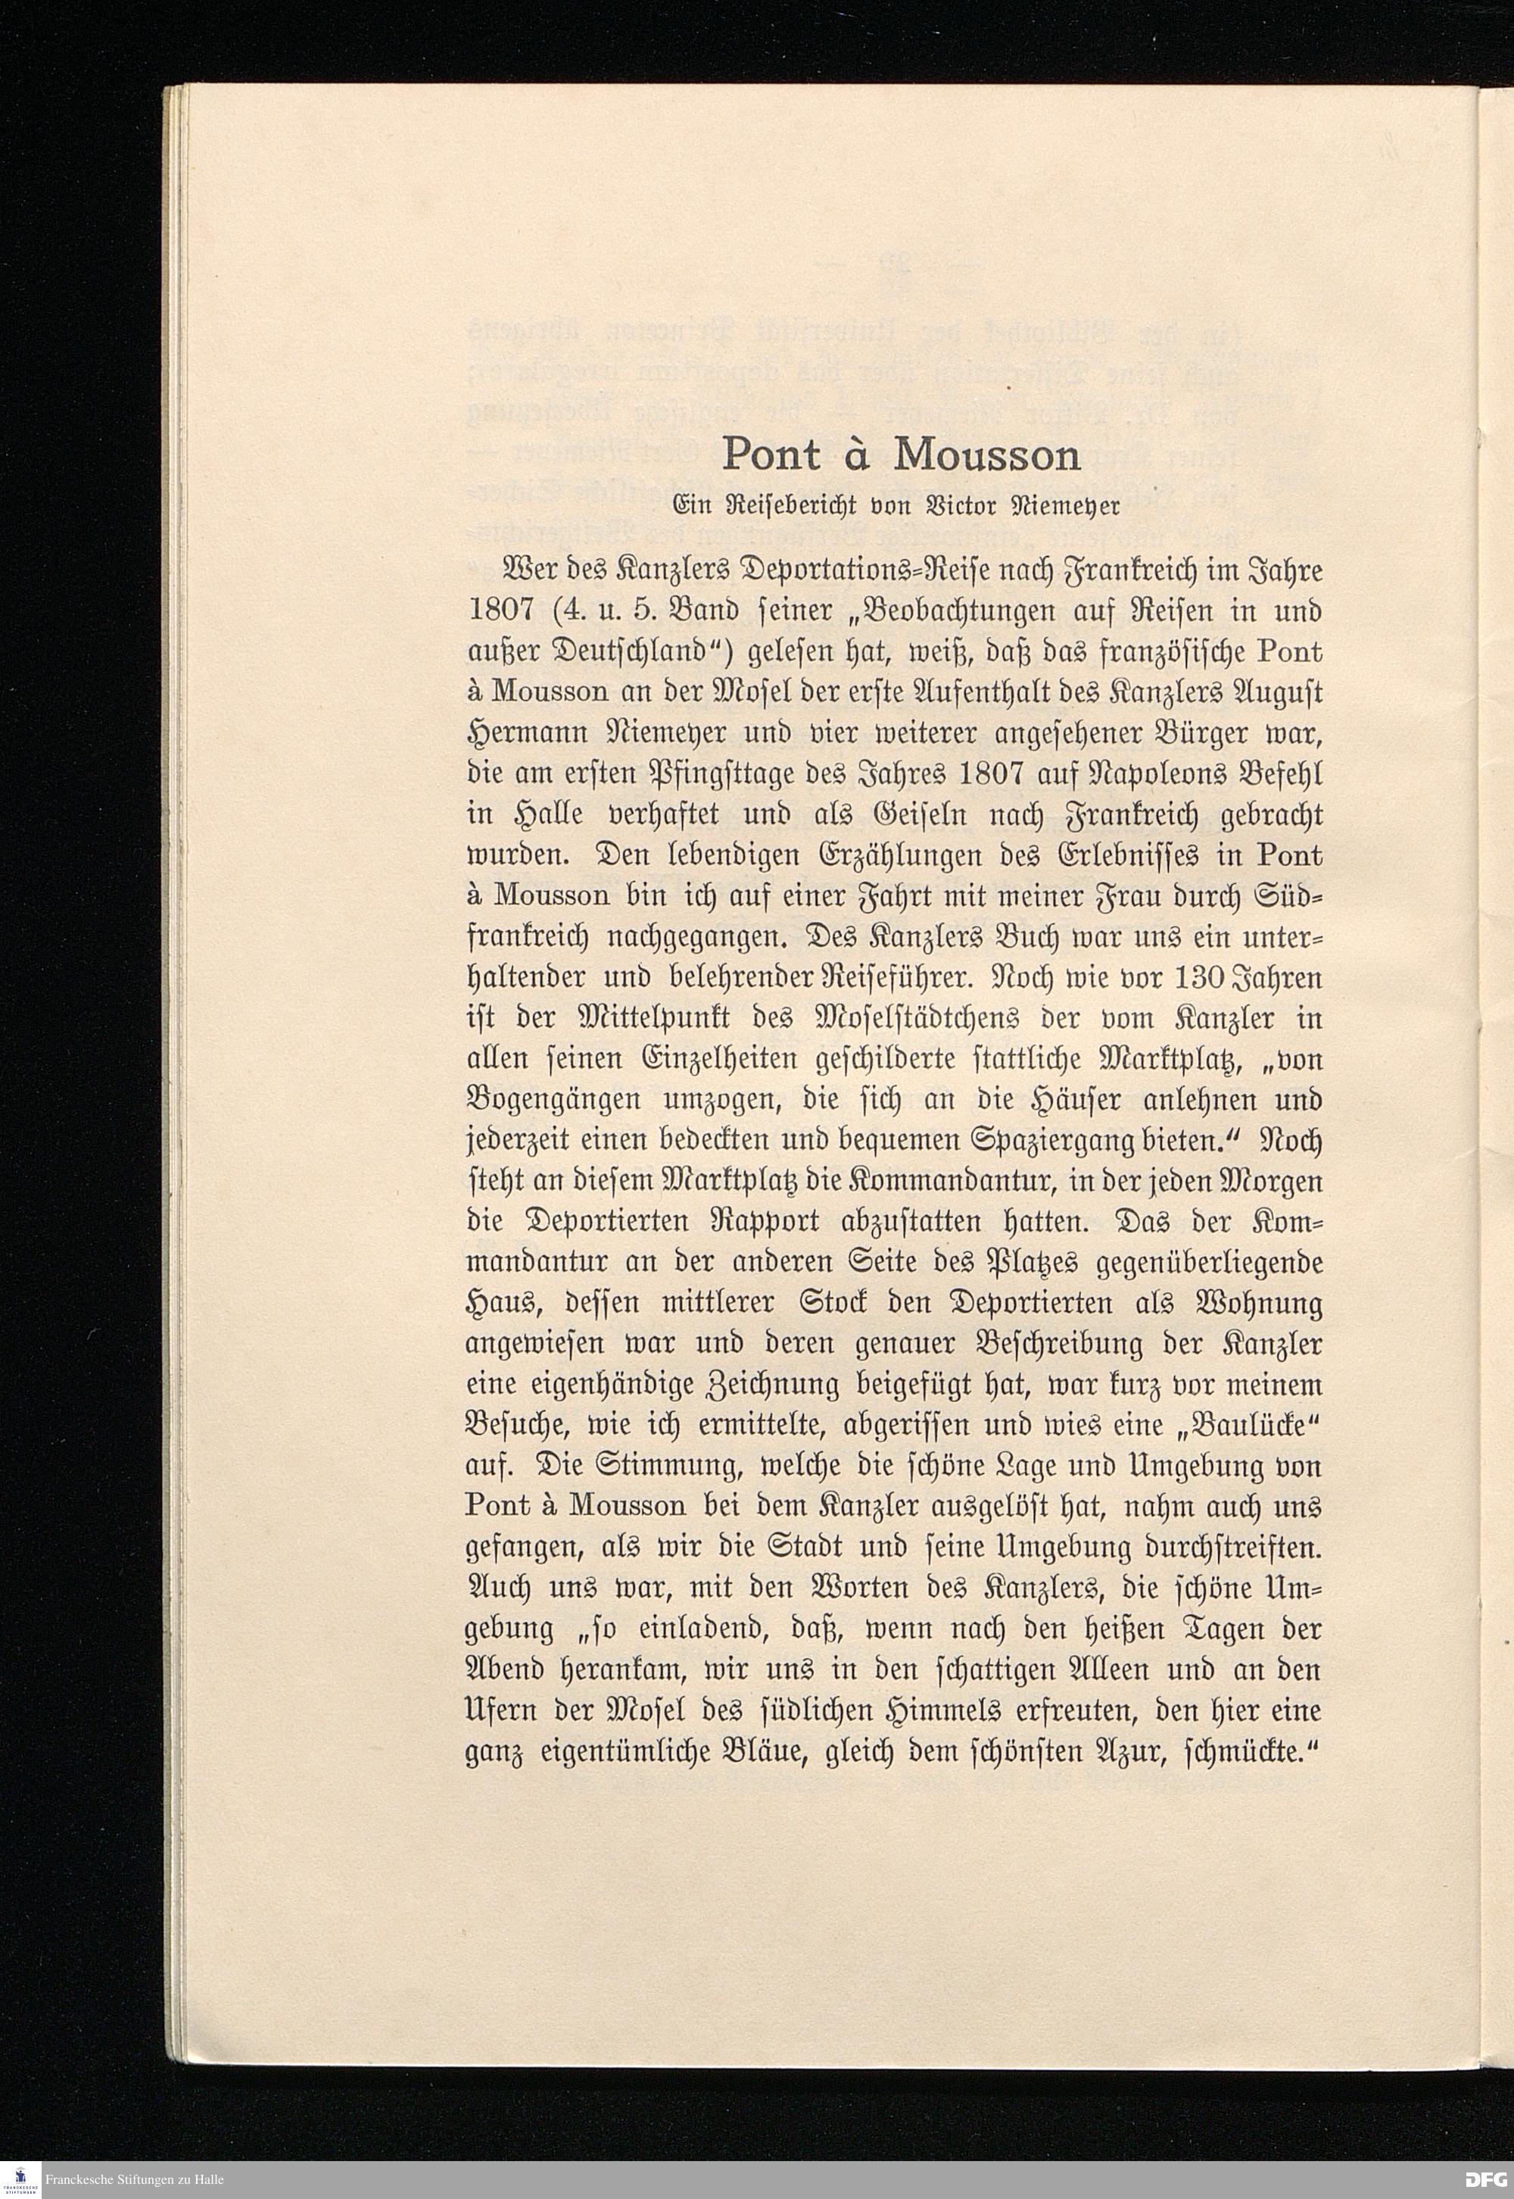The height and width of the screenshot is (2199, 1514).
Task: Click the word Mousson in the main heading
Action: click(x=988, y=457)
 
